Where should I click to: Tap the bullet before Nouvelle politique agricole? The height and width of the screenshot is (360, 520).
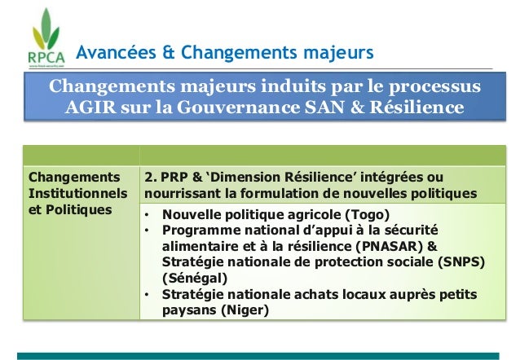[x=147, y=215]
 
